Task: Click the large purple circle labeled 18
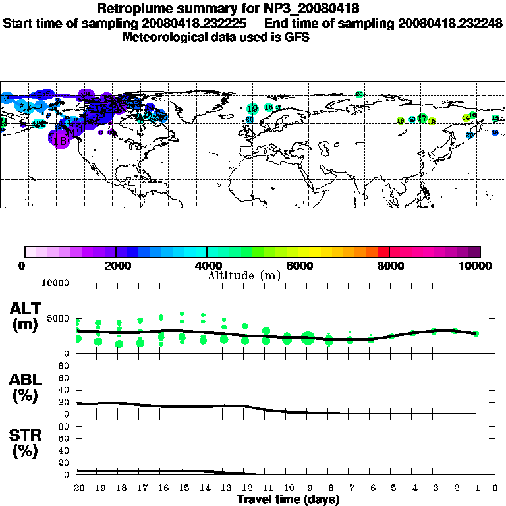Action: pos(59,140)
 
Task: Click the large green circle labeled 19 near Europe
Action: pos(252,109)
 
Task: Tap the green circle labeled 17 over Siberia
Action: pos(422,118)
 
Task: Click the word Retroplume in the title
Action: pos(136,9)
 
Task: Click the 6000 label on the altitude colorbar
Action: pos(298,266)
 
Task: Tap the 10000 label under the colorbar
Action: pos(476,266)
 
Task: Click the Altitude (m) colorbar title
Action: pos(244,275)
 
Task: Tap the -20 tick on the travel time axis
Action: pos(77,488)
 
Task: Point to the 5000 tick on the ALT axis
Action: pos(60,318)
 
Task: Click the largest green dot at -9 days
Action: pos(308,339)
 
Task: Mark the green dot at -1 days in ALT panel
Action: pos(476,333)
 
